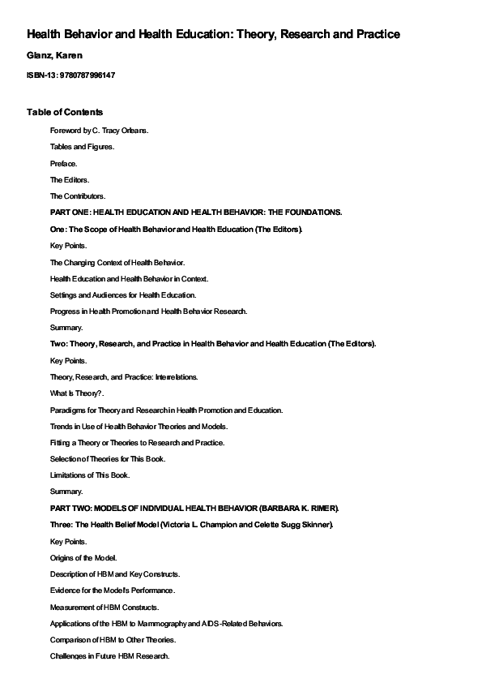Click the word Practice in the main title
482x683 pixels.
pyautogui.click(x=373, y=34)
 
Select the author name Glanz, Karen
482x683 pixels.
pyautogui.click(x=54, y=55)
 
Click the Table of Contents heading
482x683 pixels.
pyautogui.click(x=65, y=111)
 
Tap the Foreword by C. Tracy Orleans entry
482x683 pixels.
pyautogui.click(x=99, y=130)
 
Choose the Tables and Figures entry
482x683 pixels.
pyautogui.click(x=82, y=147)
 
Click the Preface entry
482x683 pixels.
pyautogui.click(x=64, y=163)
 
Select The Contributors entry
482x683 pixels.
pyautogui.click(x=78, y=195)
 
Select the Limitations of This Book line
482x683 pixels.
pyautogui.click(x=89, y=475)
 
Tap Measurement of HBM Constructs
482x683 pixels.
pyautogui.click(x=104, y=607)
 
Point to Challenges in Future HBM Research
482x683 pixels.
pyautogui.click(x=109, y=655)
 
